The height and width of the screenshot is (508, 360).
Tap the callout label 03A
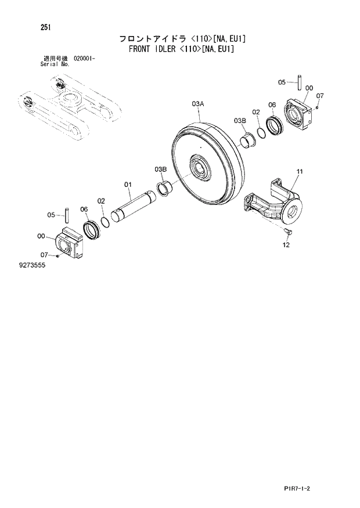[x=198, y=103]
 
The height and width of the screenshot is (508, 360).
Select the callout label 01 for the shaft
[x=128, y=185]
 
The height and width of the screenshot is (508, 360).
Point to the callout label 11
[x=300, y=171]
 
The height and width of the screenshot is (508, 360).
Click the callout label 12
[x=286, y=245]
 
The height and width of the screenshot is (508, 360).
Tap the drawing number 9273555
[x=32, y=265]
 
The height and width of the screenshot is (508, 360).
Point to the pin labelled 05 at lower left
[x=67, y=215]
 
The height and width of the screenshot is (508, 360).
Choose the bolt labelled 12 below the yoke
[x=289, y=232]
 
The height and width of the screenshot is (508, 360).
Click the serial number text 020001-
[x=85, y=59]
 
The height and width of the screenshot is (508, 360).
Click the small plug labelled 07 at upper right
[x=318, y=106]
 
